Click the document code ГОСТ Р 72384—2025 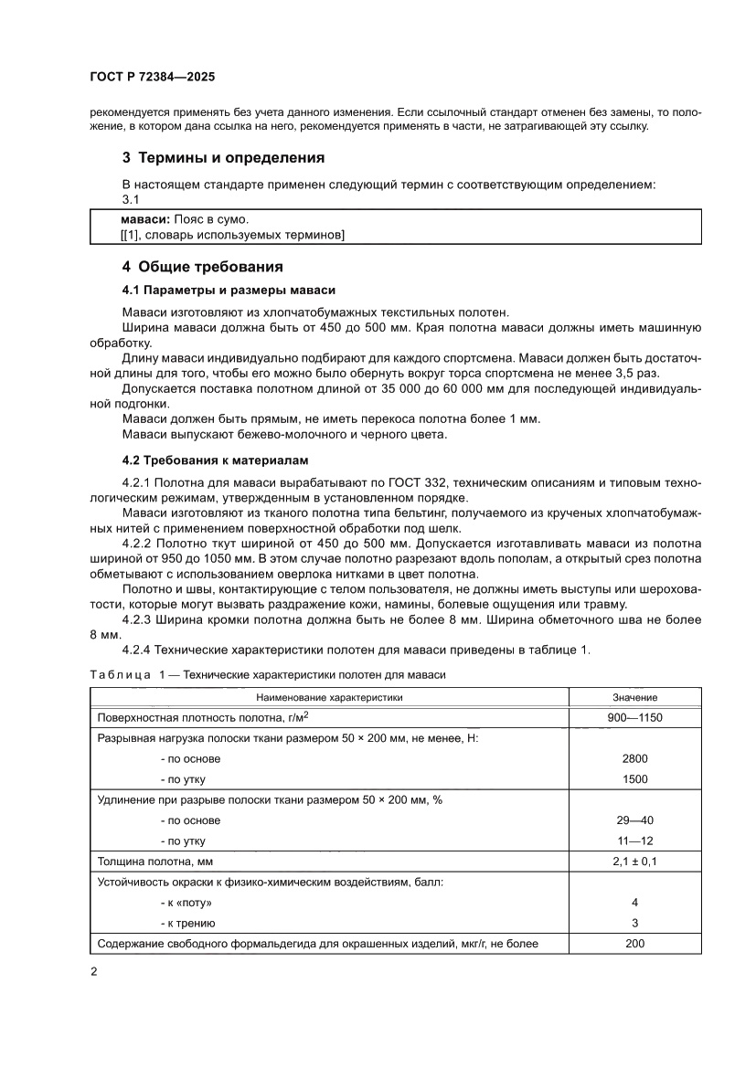tap(146, 79)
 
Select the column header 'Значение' tap(635, 697)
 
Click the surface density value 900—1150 tap(635, 718)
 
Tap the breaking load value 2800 tap(635, 758)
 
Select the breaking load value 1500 tap(635, 779)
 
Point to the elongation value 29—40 tap(635, 820)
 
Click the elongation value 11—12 tap(635, 841)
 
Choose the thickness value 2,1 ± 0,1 tap(635, 862)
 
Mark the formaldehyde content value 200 tap(635, 943)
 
